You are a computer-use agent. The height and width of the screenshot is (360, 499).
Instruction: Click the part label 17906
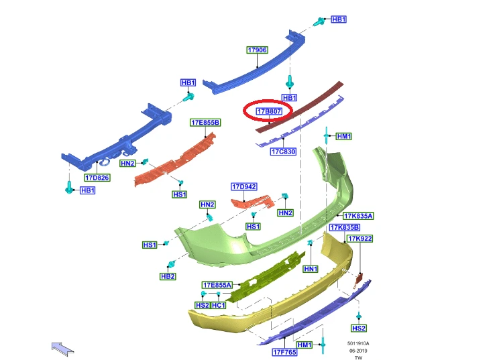tap(258, 50)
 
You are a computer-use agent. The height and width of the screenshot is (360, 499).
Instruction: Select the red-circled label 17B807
tap(269, 111)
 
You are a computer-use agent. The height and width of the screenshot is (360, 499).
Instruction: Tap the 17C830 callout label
tap(283, 152)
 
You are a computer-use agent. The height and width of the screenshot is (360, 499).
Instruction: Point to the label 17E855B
tap(205, 123)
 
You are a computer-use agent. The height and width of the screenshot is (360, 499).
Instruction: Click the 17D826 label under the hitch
tap(97, 178)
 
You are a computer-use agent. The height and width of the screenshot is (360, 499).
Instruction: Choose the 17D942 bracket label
tap(244, 186)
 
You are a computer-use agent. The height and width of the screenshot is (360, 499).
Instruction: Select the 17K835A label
tap(358, 216)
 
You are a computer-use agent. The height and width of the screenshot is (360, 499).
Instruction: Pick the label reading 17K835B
tap(345, 227)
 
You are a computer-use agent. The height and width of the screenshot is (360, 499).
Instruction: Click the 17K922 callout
tap(359, 239)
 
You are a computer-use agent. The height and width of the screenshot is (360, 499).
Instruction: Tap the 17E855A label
tap(217, 285)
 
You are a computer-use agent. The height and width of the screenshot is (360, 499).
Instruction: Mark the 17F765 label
tap(284, 352)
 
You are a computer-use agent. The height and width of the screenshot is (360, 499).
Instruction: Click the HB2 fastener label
tap(168, 276)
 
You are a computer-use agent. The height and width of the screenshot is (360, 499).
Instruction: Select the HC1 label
tap(219, 305)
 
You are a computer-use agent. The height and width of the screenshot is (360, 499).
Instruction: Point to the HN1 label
tap(311, 269)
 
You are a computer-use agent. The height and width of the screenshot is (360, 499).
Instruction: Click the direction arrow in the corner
tap(62, 349)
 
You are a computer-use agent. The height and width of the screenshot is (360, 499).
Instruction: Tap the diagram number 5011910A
tap(358, 343)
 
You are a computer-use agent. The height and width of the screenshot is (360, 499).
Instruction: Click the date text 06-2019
tap(358, 351)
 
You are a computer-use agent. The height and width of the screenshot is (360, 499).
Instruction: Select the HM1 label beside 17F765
tap(304, 345)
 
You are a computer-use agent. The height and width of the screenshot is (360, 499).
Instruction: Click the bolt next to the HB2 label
tap(171, 264)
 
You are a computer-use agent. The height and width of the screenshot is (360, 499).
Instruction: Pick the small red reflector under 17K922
tap(359, 280)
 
